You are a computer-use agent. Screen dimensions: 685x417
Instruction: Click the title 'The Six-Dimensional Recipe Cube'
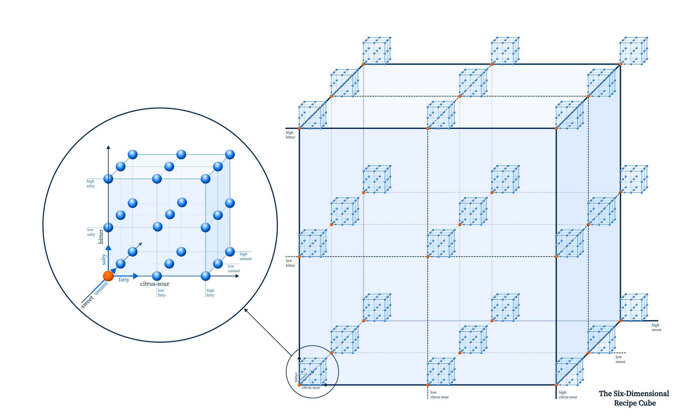click(634, 398)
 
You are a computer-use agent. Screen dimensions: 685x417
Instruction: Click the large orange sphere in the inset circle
click(108, 276)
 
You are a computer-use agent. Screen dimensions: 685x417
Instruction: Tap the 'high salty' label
click(91, 184)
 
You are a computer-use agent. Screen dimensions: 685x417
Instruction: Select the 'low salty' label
click(91, 232)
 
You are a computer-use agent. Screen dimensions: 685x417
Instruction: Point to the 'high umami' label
click(245, 256)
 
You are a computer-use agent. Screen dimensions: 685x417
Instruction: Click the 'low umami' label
click(234, 268)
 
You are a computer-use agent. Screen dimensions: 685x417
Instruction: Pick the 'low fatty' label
click(162, 293)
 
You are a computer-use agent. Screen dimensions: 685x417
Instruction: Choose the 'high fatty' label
click(210, 293)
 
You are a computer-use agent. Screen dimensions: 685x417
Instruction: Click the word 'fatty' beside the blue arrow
click(124, 280)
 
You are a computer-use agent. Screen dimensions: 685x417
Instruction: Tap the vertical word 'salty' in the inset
click(104, 259)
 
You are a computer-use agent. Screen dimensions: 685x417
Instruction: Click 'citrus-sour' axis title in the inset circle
click(155, 284)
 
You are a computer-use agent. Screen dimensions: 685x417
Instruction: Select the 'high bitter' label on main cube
click(291, 135)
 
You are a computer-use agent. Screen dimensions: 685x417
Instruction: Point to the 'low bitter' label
click(291, 263)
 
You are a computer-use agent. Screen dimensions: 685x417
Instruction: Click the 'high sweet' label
click(656, 327)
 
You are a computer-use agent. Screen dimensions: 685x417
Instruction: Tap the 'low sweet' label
click(620, 359)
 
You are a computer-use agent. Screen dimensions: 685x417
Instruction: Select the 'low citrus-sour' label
click(439, 395)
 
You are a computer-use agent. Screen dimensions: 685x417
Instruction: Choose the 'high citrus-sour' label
click(568, 395)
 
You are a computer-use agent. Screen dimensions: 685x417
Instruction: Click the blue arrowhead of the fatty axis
click(136, 276)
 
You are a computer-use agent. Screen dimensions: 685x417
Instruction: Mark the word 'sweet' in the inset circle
click(87, 302)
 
